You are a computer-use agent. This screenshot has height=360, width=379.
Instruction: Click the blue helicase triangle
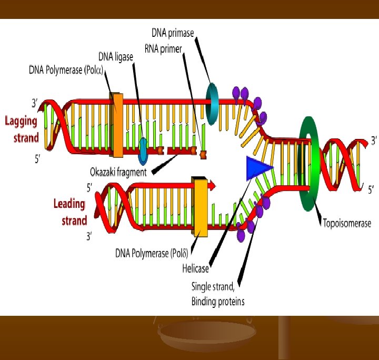(257, 168)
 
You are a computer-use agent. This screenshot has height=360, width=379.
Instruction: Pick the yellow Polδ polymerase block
(200, 206)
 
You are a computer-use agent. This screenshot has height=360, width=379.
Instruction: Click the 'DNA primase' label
(172, 33)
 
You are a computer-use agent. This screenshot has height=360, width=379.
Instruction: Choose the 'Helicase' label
(196, 269)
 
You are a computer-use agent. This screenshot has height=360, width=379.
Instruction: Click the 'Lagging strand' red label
(22, 129)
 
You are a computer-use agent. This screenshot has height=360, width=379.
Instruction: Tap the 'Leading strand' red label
(70, 212)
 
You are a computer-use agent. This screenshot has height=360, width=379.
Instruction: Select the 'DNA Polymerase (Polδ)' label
(152, 252)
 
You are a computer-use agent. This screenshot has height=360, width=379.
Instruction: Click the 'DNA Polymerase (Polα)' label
(69, 70)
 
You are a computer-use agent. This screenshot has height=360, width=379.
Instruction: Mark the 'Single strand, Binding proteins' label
(217, 294)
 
